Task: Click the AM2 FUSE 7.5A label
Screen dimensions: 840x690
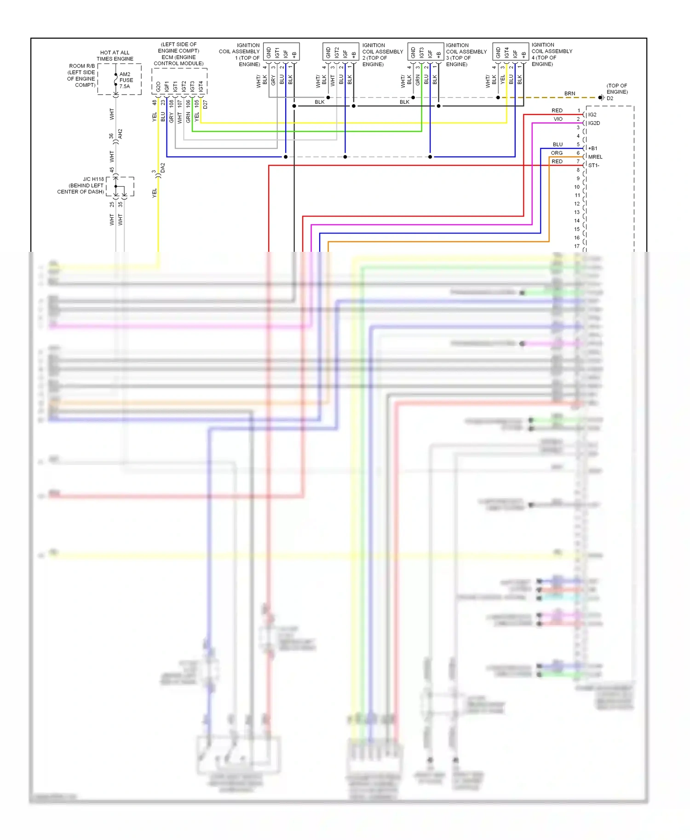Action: [126, 80]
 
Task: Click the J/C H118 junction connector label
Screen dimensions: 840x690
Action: [93, 179]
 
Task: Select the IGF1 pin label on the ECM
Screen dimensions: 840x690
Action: [167, 86]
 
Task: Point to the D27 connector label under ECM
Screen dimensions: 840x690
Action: [205, 104]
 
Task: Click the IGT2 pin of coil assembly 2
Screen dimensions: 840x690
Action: [337, 52]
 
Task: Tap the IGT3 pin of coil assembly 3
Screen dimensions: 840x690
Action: [421, 52]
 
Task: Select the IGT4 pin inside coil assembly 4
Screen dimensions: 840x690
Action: [506, 52]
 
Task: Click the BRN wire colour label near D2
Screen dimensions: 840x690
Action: [569, 93]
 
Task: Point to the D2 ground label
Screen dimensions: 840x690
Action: [609, 98]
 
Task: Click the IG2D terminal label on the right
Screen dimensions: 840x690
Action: [594, 123]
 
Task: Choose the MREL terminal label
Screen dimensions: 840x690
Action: [595, 157]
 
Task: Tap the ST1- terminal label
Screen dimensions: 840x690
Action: [593, 165]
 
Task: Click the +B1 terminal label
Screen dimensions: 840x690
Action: [592, 148]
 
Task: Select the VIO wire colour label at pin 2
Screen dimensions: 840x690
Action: [558, 119]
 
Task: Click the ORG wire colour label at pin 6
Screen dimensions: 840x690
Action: [557, 153]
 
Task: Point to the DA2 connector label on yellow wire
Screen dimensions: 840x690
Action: [162, 168]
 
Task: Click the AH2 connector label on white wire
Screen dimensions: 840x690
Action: [120, 134]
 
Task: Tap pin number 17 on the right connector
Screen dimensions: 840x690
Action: [577, 246]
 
